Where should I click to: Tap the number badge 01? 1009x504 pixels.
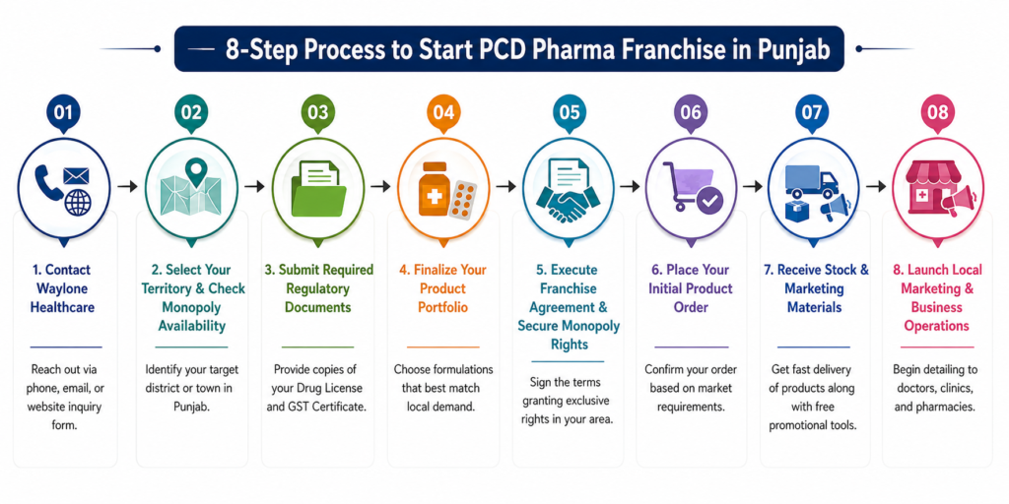pos(63,112)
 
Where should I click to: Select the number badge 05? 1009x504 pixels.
pos(569,112)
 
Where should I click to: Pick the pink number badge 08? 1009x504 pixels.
pos(938,112)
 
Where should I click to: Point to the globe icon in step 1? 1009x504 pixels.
pos(78,203)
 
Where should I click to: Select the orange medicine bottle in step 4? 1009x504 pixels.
pos(434,189)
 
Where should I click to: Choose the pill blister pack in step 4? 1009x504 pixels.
pos(463,200)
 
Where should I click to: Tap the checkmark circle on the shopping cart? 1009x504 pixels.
pos(709,201)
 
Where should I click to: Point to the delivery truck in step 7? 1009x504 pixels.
pos(811,182)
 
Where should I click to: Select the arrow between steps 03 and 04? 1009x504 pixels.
pos(381,186)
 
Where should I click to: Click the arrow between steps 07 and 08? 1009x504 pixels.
pos(875,186)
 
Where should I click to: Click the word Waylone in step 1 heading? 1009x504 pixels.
pos(63,288)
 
